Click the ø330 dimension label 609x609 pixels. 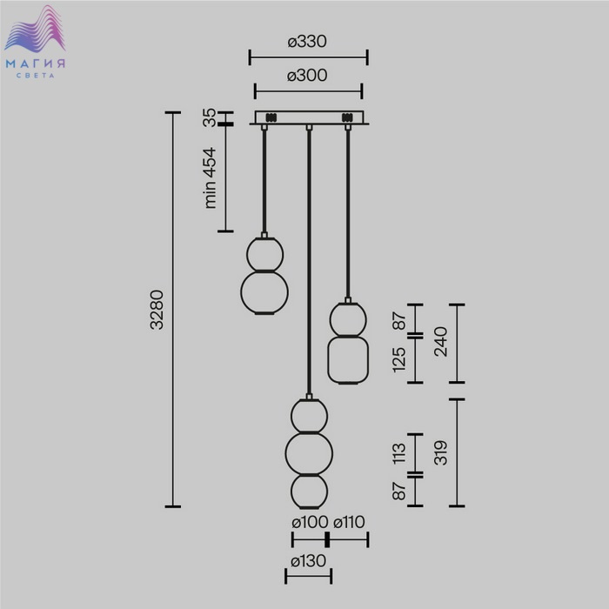pyautogui.click(x=307, y=41)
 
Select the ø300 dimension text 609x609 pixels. pyautogui.click(x=307, y=76)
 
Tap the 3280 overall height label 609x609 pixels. pyautogui.click(x=157, y=310)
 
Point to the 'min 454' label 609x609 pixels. pyautogui.click(x=211, y=177)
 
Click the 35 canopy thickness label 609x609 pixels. pyautogui.click(x=210, y=117)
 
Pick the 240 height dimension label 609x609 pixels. pyautogui.click(x=441, y=342)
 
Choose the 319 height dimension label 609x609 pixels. pyautogui.click(x=441, y=453)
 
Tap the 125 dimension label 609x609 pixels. pyautogui.click(x=399, y=360)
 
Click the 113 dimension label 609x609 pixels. pyautogui.click(x=399, y=453)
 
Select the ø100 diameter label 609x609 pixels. pyautogui.click(x=310, y=522)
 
